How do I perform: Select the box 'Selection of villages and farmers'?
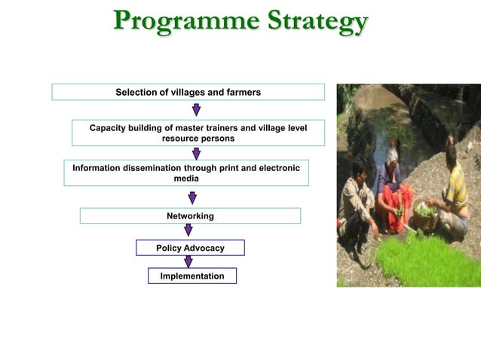[188, 92]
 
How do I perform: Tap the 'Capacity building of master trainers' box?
[198, 133]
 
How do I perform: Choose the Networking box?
[190, 216]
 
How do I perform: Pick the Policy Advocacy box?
[190, 248]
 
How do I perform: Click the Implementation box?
[191, 276]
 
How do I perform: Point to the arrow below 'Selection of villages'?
[196, 110]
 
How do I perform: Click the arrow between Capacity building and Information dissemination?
[196, 154]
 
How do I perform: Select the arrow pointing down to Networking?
[192, 197]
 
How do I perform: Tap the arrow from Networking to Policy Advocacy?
[188, 230]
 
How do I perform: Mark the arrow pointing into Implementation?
[188, 262]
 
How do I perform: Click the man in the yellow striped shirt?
[453, 192]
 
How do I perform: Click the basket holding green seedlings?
[425, 215]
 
